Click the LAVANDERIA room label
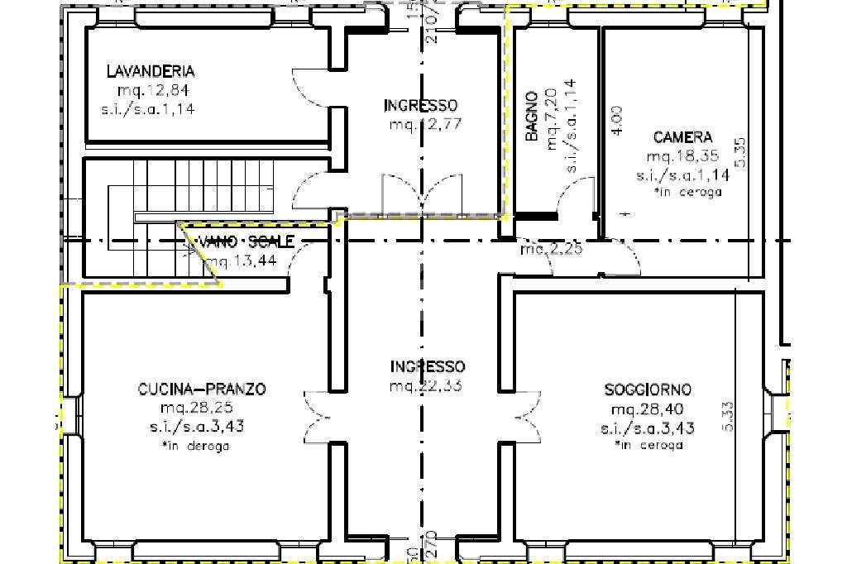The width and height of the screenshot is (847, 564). (151, 71)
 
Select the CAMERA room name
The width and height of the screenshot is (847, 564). (682, 137)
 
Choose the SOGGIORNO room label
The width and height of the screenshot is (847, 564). (648, 389)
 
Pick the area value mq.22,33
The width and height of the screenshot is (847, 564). (427, 385)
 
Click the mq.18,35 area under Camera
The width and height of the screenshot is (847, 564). (682, 155)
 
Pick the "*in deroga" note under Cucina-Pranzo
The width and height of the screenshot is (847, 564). (197, 446)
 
